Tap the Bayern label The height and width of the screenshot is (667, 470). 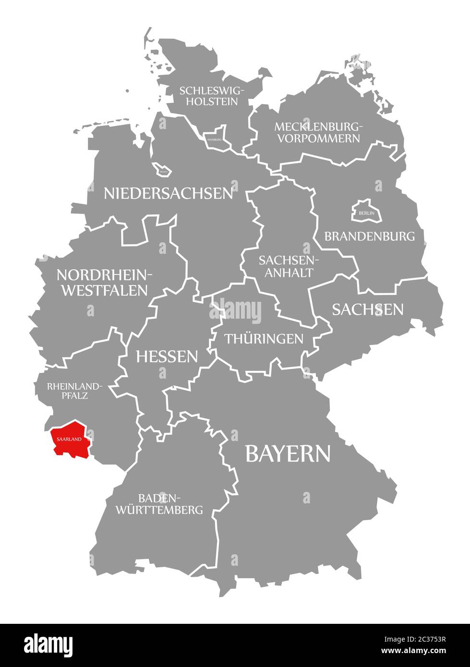[288, 453]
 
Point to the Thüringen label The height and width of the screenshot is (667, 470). [264, 339]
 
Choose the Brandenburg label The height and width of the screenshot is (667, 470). [369, 236]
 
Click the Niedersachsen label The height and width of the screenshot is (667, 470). [169, 193]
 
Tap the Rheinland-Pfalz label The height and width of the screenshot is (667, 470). [74, 391]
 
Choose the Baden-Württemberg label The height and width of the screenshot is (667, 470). [159, 503]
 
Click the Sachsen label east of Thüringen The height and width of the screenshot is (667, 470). [368, 310]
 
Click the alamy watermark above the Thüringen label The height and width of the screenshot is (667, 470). [235, 311]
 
